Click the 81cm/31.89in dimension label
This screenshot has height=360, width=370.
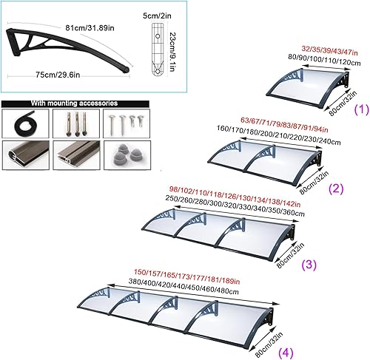coord(90,28)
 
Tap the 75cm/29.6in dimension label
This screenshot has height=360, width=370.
coord(58,75)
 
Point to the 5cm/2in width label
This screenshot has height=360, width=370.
coord(157,16)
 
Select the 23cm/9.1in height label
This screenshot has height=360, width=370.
coord(172,52)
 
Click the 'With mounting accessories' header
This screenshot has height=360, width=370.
coord(74,103)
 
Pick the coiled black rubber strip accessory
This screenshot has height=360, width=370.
coord(24,123)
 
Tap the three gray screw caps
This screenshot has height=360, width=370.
coord(127,154)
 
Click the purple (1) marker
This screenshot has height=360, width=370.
coord(361,109)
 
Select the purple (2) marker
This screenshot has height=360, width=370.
coord(336,189)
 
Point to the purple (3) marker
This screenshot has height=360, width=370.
coord(309,265)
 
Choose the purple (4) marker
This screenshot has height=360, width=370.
coord(286,353)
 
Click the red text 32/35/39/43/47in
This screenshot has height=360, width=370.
coord(329,51)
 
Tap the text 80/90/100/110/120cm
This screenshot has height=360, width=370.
coord(324,60)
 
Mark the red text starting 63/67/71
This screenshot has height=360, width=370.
coord(284,124)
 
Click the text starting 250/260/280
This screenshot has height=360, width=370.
coord(235,206)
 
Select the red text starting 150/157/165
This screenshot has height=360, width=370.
coord(186,276)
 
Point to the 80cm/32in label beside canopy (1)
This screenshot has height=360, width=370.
coord(343,103)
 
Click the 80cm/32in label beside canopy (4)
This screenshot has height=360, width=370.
coord(269,344)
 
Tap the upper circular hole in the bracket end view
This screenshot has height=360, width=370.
coord(158,36)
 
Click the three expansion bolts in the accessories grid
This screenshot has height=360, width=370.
coord(76,123)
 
